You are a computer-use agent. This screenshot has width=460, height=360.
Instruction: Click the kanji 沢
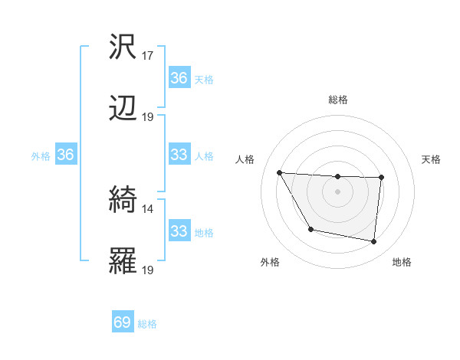(x=123, y=47)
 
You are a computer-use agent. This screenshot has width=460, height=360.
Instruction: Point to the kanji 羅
(x=123, y=260)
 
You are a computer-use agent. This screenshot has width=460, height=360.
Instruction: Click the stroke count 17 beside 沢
(x=148, y=56)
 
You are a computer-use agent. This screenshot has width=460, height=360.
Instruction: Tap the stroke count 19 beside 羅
(x=148, y=270)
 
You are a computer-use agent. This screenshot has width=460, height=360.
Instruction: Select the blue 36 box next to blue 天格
(x=179, y=78)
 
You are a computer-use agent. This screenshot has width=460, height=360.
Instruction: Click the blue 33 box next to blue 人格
(x=179, y=155)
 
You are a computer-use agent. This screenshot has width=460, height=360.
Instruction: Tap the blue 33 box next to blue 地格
(x=179, y=231)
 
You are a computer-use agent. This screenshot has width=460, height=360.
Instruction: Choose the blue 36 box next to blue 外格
(x=65, y=155)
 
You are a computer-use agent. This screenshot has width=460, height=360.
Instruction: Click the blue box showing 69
(x=123, y=322)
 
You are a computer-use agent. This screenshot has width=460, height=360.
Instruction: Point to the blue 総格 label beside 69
(x=148, y=324)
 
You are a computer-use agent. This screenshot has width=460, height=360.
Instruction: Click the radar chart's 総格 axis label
(x=338, y=100)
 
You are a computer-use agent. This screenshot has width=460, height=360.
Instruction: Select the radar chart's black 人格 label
(x=245, y=159)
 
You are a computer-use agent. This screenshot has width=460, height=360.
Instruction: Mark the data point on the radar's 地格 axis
(x=373, y=241)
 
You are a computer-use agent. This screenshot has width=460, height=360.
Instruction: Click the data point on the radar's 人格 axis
(x=280, y=172)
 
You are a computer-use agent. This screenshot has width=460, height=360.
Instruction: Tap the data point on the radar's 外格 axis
(x=310, y=229)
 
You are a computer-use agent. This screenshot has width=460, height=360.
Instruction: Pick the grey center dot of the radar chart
(x=337, y=191)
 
